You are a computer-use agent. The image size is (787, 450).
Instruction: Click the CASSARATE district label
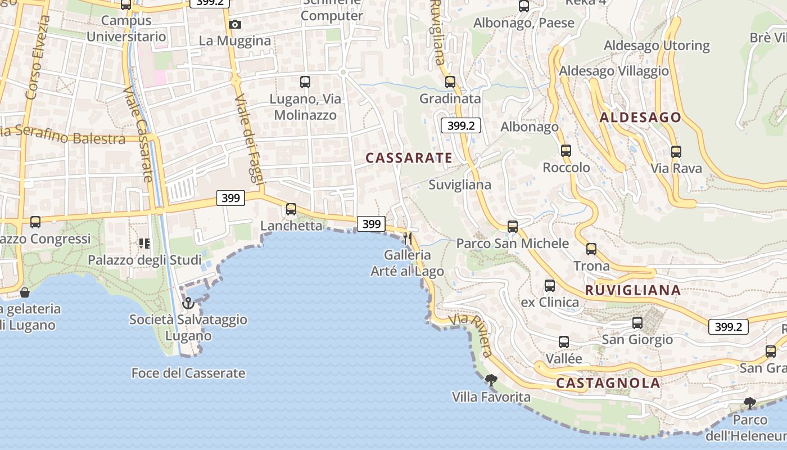(x=409, y=158)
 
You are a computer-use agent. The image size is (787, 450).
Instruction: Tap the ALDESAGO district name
(x=640, y=118)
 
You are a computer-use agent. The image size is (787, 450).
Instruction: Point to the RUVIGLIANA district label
(x=633, y=290)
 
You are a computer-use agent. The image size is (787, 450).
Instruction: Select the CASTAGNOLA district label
(x=608, y=383)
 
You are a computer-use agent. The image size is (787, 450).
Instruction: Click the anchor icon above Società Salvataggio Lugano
(x=188, y=304)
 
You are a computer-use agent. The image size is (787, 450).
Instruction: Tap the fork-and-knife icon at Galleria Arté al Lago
(x=408, y=238)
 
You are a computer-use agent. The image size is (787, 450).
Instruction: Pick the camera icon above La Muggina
(x=235, y=24)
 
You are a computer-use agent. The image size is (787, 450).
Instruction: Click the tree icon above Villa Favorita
(x=491, y=380)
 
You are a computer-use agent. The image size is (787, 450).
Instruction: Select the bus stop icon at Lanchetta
(x=291, y=209)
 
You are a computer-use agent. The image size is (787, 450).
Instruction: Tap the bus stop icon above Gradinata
(x=450, y=82)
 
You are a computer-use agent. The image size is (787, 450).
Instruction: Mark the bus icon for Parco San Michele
(x=513, y=227)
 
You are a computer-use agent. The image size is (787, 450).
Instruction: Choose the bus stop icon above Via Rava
(x=676, y=151)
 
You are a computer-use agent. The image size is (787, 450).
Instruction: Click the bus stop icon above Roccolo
(x=566, y=151)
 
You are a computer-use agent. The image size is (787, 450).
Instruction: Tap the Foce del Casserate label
(x=188, y=373)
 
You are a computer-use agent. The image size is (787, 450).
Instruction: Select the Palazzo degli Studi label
(x=144, y=260)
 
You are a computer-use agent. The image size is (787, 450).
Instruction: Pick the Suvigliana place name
(x=460, y=184)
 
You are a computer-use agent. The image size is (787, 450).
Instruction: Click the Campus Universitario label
(x=126, y=29)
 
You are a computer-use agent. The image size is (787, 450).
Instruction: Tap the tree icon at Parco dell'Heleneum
(x=749, y=403)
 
